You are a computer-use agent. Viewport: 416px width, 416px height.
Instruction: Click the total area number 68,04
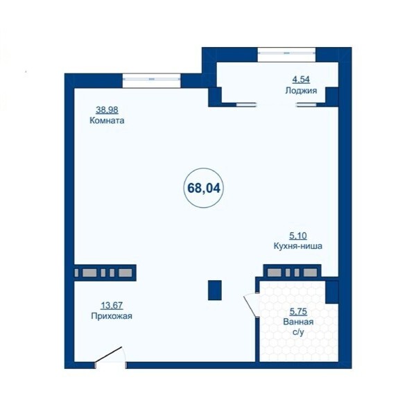[x=204, y=188]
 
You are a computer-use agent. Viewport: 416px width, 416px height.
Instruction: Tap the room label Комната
[x=107, y=121]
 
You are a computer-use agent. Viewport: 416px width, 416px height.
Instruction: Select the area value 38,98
[x=107, y=110]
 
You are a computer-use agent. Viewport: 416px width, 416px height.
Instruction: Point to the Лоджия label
[x=301, y=91]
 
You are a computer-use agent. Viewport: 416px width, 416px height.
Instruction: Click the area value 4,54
[x=301, y=79]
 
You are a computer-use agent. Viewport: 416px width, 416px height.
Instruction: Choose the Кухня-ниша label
[x=298, y=246]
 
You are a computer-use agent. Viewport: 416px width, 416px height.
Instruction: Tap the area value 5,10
[x=298, y=235]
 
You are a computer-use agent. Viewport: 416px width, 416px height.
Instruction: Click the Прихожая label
[x=112, y=316]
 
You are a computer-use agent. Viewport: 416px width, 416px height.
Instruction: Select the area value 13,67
[x=112, y=305]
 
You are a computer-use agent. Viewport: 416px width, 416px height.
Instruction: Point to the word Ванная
[x=298, y=322]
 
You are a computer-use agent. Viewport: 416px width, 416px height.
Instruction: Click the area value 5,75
[x=298, y=311]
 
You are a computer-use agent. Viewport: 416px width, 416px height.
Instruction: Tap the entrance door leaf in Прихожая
[x=109, y=354]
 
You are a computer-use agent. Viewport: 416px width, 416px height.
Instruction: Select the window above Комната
[x=151, y=79]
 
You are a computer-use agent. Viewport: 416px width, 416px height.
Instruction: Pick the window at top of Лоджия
[x=287, y=53]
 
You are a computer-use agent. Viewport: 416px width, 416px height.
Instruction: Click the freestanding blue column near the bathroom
[x=215, y=291]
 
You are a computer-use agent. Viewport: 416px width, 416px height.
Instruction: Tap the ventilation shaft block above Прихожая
[x=105, y=272]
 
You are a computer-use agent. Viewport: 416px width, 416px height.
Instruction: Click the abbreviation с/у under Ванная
[x=298, y=332]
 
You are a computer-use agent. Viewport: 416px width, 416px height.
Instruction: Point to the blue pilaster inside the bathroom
[x=332, y=292]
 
